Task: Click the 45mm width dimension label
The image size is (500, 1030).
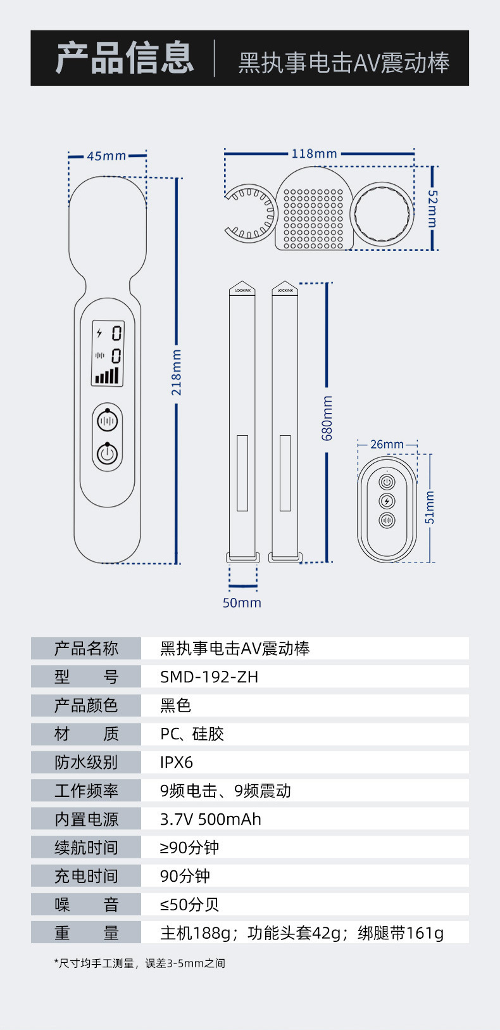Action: (x=106, y=156)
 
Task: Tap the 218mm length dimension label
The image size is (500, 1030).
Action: (x=177, y=372)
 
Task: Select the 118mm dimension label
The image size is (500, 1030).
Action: (x=314, y=153)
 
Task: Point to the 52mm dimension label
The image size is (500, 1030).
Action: (x=432, y=208)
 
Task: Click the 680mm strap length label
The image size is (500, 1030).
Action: (x=327, y=418)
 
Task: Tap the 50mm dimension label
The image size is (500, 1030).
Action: (x=242, y=603)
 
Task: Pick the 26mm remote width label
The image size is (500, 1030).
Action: (x=387, y=444)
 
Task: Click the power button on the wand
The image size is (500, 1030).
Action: (x=108, y=454)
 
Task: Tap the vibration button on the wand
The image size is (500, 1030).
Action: (x=108, y=420)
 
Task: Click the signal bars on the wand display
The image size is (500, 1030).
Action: (x=107, y=375)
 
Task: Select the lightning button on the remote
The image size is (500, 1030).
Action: (x=387, y=501)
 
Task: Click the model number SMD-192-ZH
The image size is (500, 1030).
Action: (x=209, y=677)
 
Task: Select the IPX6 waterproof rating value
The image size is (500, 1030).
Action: (x=177, y=762)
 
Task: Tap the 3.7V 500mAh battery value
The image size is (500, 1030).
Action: (x=210, y=819)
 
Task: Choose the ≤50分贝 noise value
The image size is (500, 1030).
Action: (x=189, y=905)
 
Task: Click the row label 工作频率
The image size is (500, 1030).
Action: (x=86, y=791)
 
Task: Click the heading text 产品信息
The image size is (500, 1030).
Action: (x=124, y=58)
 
